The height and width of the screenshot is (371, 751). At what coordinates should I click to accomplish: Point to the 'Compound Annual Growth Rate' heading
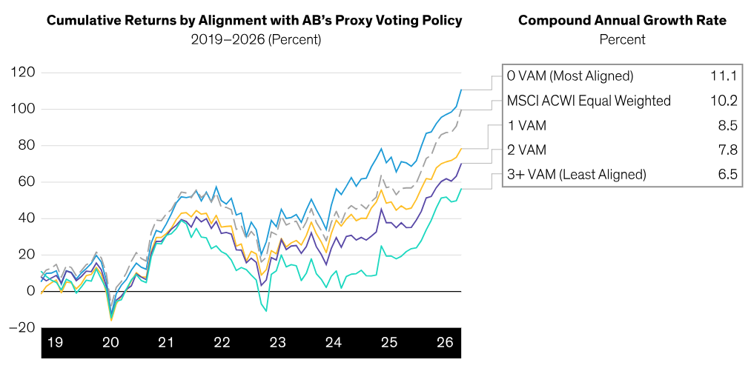pyautogui.click(x=621, y=21)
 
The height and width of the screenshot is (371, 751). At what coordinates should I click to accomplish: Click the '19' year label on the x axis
pyautogui.click(x=55, y=343)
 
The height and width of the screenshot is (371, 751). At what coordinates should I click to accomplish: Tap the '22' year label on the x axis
pyautogui.click(x=221, y=343)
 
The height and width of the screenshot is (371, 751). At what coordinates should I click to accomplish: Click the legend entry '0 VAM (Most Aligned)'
pyautogui.click(x=569, y=76)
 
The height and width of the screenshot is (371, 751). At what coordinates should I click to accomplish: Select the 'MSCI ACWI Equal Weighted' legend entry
pyautogui.click(x=589, y=101)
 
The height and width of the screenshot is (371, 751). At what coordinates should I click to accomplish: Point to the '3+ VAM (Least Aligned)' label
pyautogui.click(x=577, y=175)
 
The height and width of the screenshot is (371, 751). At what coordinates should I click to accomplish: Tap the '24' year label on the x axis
pyautogui.click(x=332, y=343)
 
